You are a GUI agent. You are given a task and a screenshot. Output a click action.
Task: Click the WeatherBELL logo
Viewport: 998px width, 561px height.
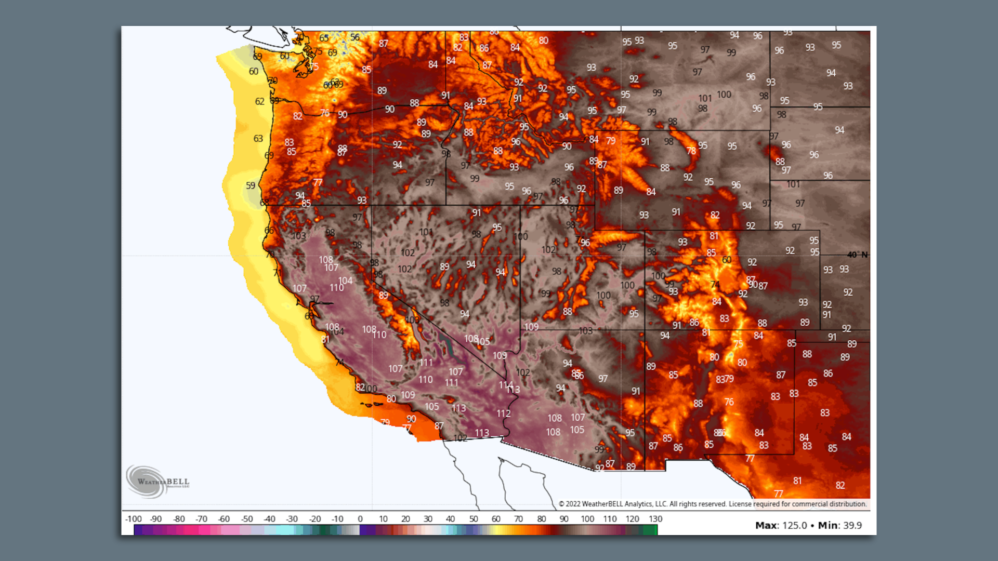point(157,482)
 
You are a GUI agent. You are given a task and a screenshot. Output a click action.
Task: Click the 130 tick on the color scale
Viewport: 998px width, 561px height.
point(655,519)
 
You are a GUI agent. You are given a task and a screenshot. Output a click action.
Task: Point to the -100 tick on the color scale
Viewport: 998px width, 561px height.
point(134,519)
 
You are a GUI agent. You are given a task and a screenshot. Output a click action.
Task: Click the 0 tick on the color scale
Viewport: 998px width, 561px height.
point(360,519)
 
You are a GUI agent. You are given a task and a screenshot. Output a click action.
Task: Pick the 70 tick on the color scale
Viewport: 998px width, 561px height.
point(518,519)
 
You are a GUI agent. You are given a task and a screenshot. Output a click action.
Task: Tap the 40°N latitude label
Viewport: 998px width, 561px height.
point(857,255)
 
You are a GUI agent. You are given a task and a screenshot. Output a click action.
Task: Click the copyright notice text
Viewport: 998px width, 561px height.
point(712,504)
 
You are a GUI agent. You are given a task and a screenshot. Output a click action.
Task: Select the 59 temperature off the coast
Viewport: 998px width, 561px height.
point(251,185)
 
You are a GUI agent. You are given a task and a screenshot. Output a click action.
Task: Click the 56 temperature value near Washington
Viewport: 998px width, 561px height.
point(354,37)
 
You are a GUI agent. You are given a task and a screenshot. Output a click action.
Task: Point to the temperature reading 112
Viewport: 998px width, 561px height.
point(503,413)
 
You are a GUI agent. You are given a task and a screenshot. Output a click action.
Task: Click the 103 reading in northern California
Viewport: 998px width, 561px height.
point(299,236)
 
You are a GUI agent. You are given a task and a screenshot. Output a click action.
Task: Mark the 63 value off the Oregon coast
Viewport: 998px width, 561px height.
point(258,139)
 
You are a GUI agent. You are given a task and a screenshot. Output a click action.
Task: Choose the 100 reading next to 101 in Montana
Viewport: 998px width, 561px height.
point(724,95)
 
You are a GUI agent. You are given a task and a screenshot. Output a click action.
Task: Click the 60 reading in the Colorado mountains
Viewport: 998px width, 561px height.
point(727,260)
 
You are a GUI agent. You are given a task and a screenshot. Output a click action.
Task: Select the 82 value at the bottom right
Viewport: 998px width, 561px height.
point(840,485)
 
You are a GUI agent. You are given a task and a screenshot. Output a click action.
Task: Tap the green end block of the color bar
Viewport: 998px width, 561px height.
point(650,530)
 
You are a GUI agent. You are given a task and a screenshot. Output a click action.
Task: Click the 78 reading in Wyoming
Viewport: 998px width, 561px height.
point(691,151)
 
